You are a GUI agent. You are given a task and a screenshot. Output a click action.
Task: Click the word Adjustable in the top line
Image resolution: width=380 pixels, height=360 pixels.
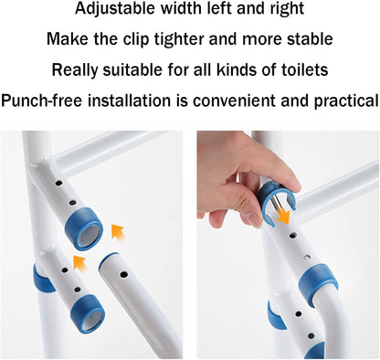(x=118, y=10)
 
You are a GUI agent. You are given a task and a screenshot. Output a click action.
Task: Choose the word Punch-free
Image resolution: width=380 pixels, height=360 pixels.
(x=43, y=100)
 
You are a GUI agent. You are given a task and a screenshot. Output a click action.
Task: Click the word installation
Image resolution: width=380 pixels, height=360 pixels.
(x=132, y=100)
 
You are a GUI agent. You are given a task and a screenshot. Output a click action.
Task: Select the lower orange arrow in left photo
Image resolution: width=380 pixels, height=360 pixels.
(x=79, y=265)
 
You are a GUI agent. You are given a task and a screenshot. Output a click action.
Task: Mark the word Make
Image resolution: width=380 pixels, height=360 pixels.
(x=67, y=39)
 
